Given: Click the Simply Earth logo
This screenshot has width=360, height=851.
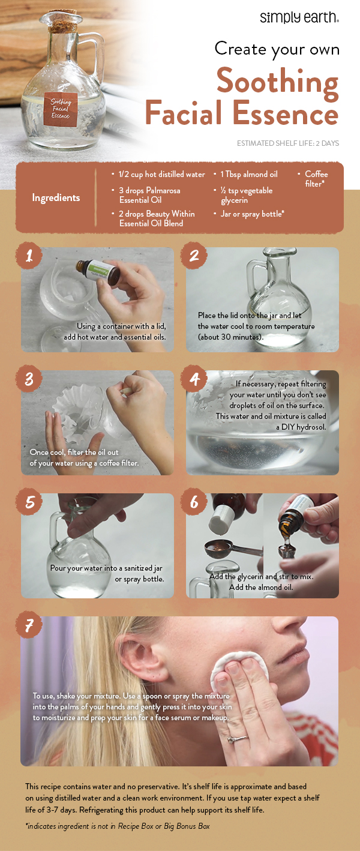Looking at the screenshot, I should click(x=299, y=17).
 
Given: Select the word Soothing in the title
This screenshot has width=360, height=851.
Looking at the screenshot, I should click(x=277, y=82).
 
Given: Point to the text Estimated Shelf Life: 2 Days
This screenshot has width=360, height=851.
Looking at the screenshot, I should click(x=288, y=143).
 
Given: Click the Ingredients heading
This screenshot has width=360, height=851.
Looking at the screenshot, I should click(x=56, y=197).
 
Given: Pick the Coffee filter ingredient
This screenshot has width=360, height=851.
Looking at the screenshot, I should click(x=316, y=178).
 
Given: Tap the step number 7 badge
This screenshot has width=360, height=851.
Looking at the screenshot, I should click(x=29, y=626).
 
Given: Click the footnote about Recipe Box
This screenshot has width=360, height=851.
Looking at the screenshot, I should click(x=118, y=826).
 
